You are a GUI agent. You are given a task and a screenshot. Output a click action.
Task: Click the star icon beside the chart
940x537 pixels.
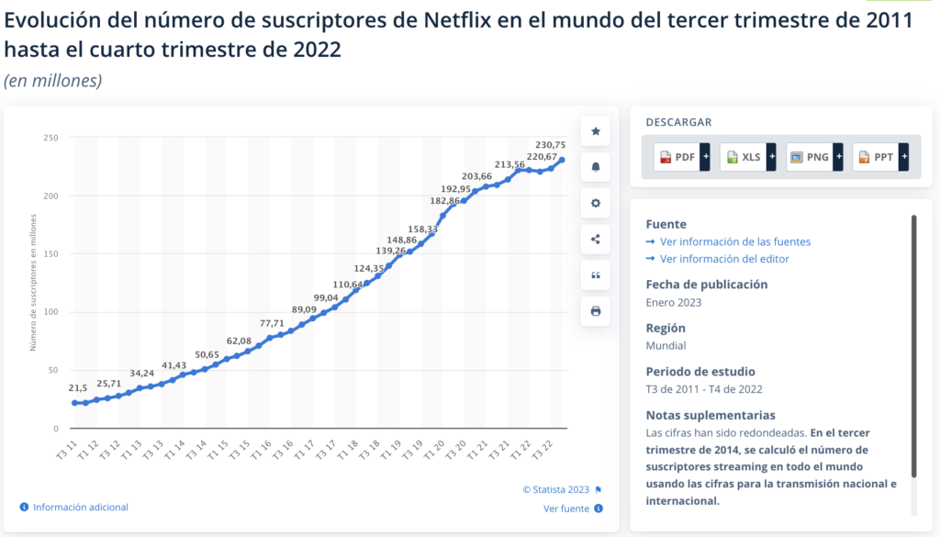click(595, 132)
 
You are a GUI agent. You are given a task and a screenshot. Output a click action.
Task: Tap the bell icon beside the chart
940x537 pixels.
click(595, 167)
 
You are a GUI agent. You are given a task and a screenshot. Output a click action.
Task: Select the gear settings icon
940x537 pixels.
click(595, 204)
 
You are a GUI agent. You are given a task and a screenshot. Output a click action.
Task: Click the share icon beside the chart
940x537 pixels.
click(595, 240)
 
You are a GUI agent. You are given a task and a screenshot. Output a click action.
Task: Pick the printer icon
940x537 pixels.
click(595, 311)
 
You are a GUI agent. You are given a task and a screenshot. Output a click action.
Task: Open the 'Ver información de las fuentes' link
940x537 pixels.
click(734, 241)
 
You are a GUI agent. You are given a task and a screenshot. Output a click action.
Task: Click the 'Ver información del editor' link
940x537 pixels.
click(723, 259)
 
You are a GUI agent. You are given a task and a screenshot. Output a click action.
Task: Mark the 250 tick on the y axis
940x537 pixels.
click(50, 138)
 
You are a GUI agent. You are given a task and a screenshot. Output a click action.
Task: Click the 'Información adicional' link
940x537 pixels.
click(81, 507)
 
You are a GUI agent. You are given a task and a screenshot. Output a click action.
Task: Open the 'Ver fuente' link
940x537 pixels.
click(566, 508)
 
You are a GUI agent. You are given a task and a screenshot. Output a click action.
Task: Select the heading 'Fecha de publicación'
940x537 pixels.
click(707, 284)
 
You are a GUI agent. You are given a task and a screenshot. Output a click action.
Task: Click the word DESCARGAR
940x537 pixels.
click(678, 122)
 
